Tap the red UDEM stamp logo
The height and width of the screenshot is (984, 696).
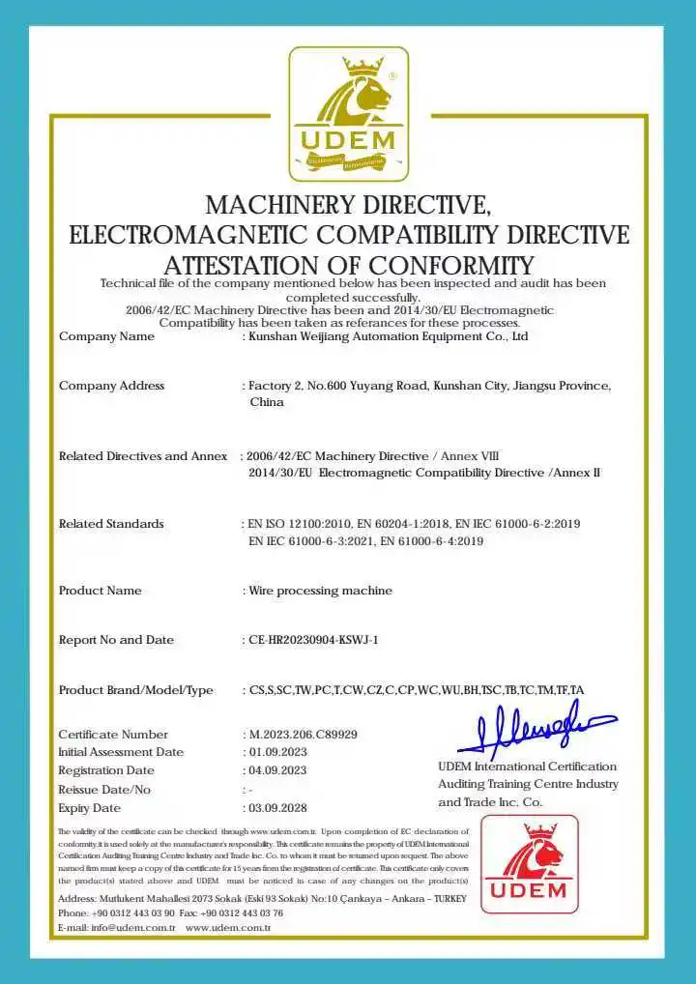[529, 864]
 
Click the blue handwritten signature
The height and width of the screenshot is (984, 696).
[536, 731]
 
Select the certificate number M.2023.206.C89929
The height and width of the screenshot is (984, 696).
[303, 735]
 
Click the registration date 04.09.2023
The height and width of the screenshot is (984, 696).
[277, 770]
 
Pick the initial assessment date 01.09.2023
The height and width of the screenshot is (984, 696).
[277, 752]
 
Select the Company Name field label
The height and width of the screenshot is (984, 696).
[106, 336]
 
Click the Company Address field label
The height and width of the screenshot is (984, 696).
[111, 386]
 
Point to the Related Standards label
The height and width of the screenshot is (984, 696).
[111, 524]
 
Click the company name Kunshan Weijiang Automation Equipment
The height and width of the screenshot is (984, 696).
[387, 336]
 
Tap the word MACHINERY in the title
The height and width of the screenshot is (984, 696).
[281, 205]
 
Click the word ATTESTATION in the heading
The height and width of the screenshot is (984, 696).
[243, 266]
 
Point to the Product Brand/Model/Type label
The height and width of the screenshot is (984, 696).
[135, 690]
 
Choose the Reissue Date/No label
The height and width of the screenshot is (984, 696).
[104, 790]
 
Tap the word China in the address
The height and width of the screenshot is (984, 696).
[267, 402]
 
